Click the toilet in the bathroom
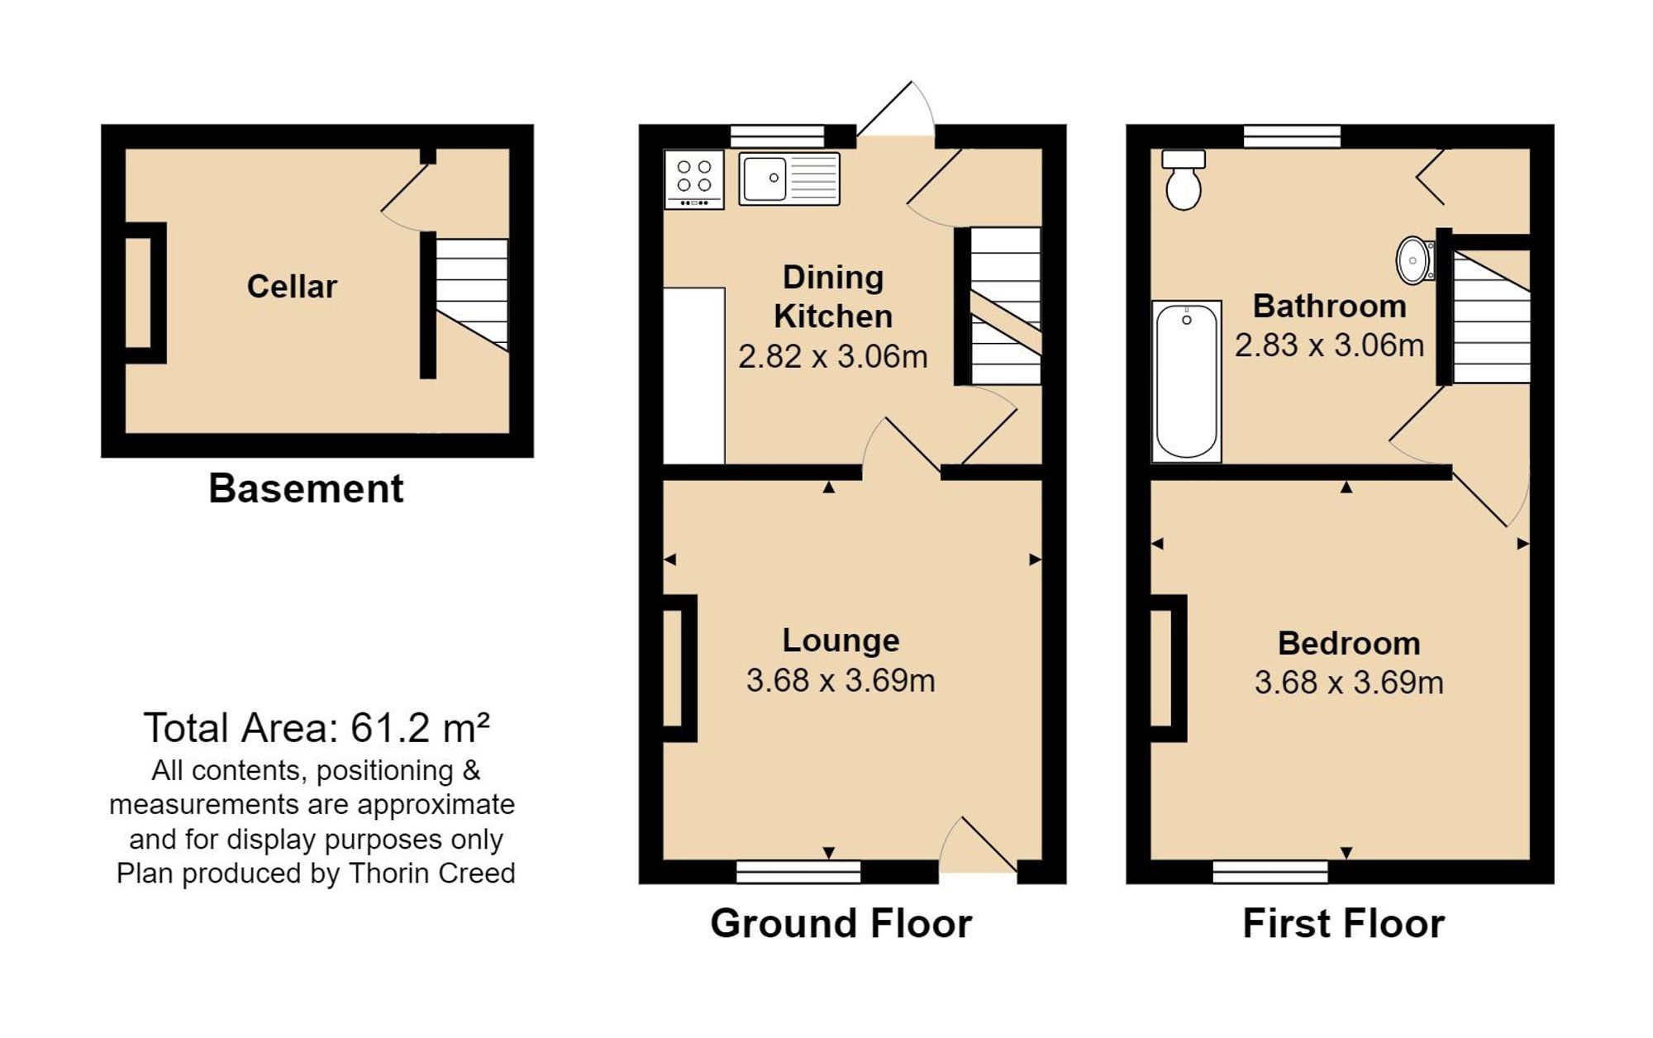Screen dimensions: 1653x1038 [x=1184, y=180]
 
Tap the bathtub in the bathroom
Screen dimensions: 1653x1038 [x=1187, y=381]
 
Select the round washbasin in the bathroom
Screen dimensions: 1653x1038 [x=1415, y=260]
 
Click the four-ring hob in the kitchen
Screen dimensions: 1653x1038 [x=694, y=179]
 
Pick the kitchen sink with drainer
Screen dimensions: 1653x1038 [x=789, y=179]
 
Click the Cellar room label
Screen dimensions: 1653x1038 [x=292, y=287]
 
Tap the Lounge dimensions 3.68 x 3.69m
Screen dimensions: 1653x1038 [x=841, y=680]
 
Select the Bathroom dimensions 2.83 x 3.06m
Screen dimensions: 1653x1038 [x=1329, y=345]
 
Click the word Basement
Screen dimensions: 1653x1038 [x=306, y=488]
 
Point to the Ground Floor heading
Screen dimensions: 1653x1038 [x=841, y=923]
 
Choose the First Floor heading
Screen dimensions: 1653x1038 [x=1343, y=923]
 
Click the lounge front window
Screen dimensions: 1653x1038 [x=798, y=872]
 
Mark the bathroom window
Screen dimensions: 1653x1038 [x=1292, y=136]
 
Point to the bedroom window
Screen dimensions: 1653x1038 [x=1270, y=872]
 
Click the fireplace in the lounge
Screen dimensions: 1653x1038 [x=679, y=668]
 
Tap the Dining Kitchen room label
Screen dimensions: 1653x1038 [x=833, y=297]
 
